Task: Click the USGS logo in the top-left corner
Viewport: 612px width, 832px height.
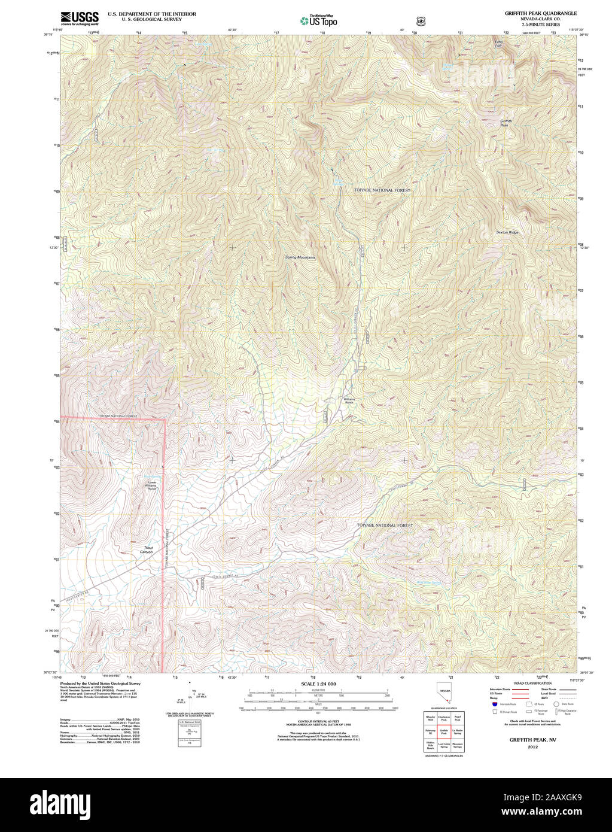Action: tap(80, 18)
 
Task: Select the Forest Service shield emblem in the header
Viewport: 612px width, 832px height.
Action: tap(421, 21)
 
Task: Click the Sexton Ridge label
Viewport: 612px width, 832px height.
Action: tap(507, 232)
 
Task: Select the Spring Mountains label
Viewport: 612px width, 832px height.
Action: tap(300, 257)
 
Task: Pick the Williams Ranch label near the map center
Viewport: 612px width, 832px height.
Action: tap(349, 400)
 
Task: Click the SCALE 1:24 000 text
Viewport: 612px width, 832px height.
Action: tap(318, 684)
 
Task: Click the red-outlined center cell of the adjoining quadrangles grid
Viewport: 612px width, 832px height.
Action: tap(444, 731)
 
